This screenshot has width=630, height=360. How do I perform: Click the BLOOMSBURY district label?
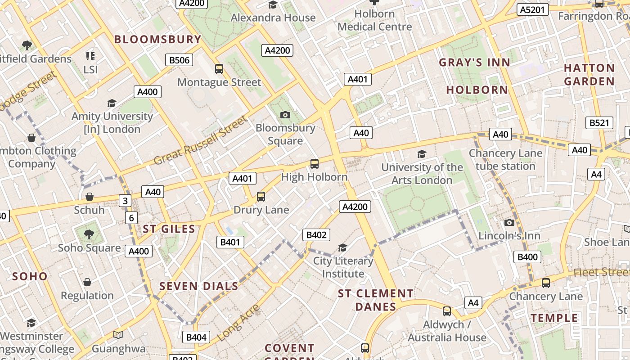point(157,39)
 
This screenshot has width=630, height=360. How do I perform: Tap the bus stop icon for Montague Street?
point(219,69)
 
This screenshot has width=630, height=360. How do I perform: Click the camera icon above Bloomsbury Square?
point(285,115)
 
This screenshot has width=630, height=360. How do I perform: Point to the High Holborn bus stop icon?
point(315,164)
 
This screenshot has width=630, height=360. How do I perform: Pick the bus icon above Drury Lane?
point(261,197)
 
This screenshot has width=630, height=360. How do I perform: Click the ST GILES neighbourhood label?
point(169,229)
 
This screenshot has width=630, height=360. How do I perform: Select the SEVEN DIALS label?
point(198,286)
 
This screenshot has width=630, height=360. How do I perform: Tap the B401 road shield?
point(230,242)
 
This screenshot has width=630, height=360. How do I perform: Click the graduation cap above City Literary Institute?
point(343,248)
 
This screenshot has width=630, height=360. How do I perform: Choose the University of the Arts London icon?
point(422,154)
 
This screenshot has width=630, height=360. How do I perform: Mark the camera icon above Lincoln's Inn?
point(509,223)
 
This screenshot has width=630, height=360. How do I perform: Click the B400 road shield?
point(527,257)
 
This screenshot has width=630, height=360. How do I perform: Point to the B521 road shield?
point(599,123)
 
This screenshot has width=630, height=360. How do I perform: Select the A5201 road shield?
point(532,9)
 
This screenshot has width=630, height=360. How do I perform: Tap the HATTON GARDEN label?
point(589,75)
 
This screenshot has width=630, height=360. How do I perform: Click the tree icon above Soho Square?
point(89,234)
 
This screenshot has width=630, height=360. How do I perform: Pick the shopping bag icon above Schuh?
point(90,197)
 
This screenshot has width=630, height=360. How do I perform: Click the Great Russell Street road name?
point(201,140)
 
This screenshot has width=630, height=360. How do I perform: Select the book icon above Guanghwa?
point(118,335)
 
